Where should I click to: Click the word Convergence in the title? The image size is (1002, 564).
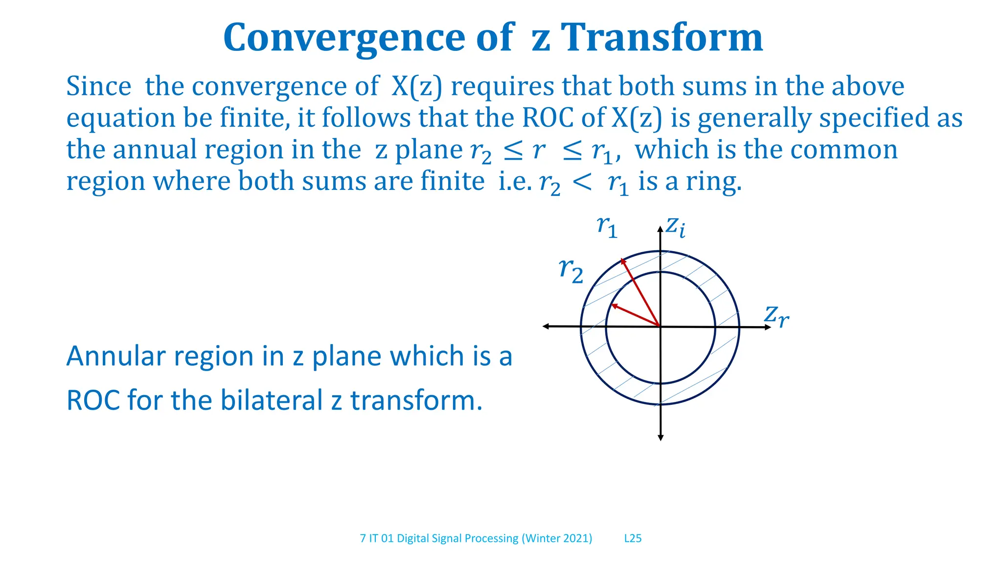point(344,38)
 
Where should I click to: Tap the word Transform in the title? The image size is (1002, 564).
point(661,38)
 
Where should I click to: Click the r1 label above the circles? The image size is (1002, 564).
point(607,226)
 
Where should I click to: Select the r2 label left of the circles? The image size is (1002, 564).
point(571,270)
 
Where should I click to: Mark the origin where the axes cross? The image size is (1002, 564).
point(660,327)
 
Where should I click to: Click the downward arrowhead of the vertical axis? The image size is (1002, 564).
point(660,437)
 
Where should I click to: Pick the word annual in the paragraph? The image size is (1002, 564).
point(155,149)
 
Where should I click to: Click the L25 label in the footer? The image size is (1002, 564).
point(633,539)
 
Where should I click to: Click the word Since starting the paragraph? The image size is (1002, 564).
point(99,87)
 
